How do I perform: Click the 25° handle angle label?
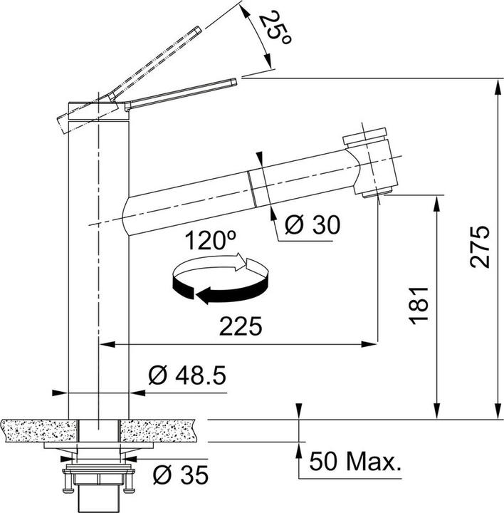pos(275,27)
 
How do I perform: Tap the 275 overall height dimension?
pos(480,247)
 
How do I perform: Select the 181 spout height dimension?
pos(419,306)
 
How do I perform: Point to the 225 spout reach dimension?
pos(241,326)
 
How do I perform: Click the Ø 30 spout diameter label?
pos(312,224)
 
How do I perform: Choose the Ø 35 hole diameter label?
pos(180,475)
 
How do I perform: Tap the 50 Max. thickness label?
pos(355,461)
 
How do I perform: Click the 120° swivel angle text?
pos(210,241)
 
